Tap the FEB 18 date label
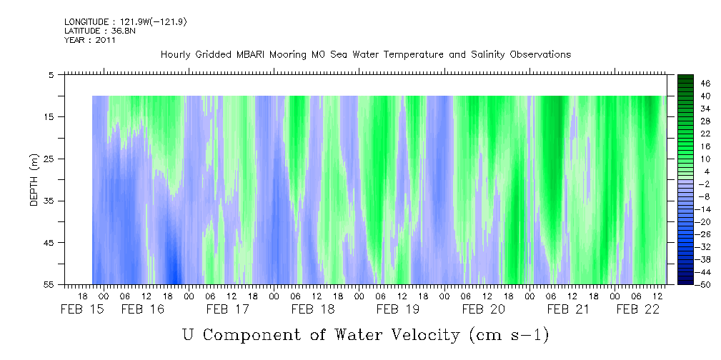(312, 309)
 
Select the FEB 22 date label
(637, 309)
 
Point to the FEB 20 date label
(483, 309)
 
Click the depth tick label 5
(51, 74)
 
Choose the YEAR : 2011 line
(89, 40)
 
